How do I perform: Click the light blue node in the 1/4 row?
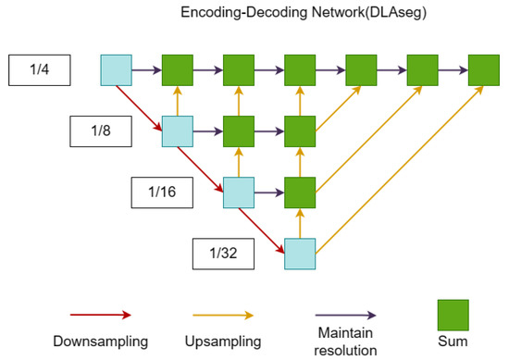(117, 69)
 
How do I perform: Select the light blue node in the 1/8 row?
(178, 131)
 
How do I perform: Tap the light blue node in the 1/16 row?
(239, 192)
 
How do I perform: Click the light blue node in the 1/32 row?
(300, 253)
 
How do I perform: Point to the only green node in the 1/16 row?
(300, 192)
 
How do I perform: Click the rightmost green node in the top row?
(484, 69)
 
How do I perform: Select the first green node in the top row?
(178, 69)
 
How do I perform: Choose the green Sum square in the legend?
(453, 316)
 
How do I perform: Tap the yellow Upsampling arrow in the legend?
(220, 316)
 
